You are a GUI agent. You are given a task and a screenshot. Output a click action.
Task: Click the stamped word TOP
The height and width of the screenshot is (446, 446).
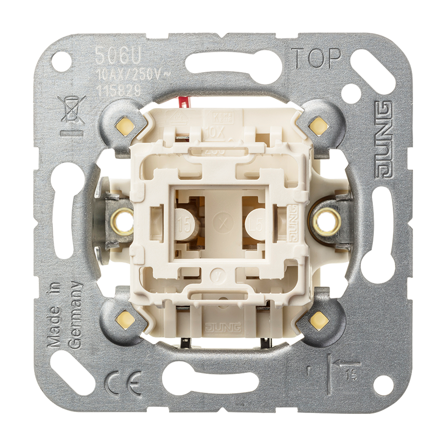point(317,58)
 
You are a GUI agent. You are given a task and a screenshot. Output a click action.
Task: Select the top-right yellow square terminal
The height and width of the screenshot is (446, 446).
point(319,125)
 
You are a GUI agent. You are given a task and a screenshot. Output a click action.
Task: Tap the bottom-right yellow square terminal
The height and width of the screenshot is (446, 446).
point(319,319)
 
